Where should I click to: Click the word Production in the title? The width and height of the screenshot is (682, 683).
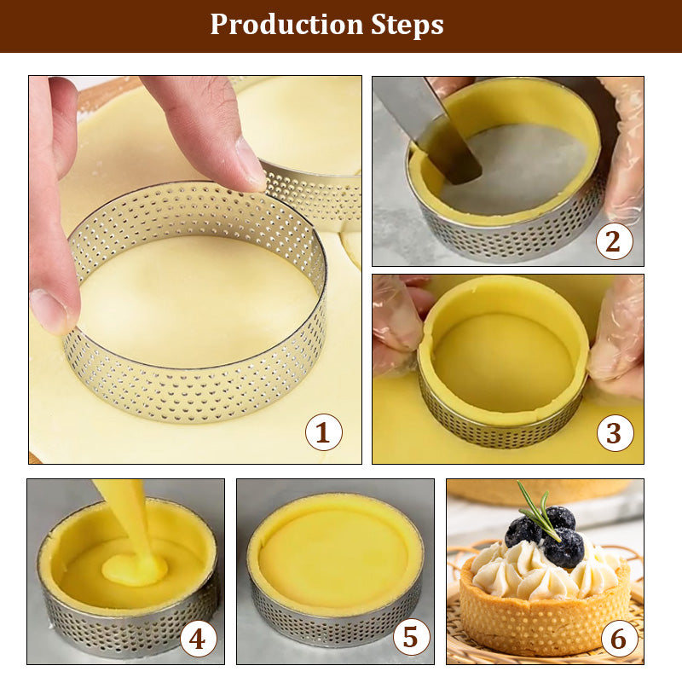point(286,25)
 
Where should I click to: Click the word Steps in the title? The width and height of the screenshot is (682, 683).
point(407,26)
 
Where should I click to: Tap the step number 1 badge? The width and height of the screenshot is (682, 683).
point(324,432)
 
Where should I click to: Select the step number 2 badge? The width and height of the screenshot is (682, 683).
point(614,241)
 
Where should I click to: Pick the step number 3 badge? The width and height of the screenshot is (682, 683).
point(615,433)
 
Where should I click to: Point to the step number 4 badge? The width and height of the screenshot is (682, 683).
point(199,639)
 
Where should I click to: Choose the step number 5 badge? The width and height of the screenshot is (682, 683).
point(411,637)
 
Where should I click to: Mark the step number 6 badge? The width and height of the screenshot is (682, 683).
point(619,638)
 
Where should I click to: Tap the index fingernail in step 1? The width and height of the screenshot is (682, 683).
point(250,165)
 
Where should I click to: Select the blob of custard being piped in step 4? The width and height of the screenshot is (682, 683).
point(134,570)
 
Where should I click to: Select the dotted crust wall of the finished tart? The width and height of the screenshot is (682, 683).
point(545,618)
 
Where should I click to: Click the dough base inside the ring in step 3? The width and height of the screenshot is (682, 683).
point(504,362)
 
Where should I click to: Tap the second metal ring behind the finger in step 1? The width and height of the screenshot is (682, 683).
point(318,196)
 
